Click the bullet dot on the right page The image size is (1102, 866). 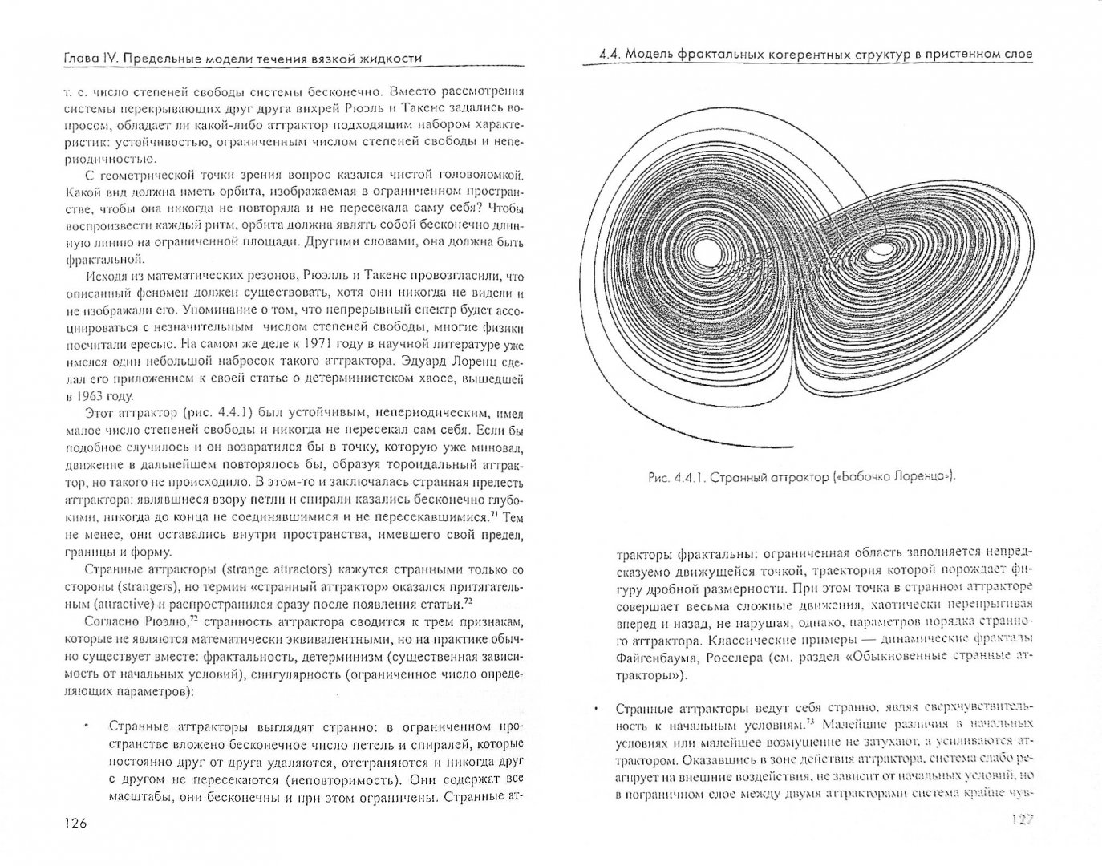coord(595,710)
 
